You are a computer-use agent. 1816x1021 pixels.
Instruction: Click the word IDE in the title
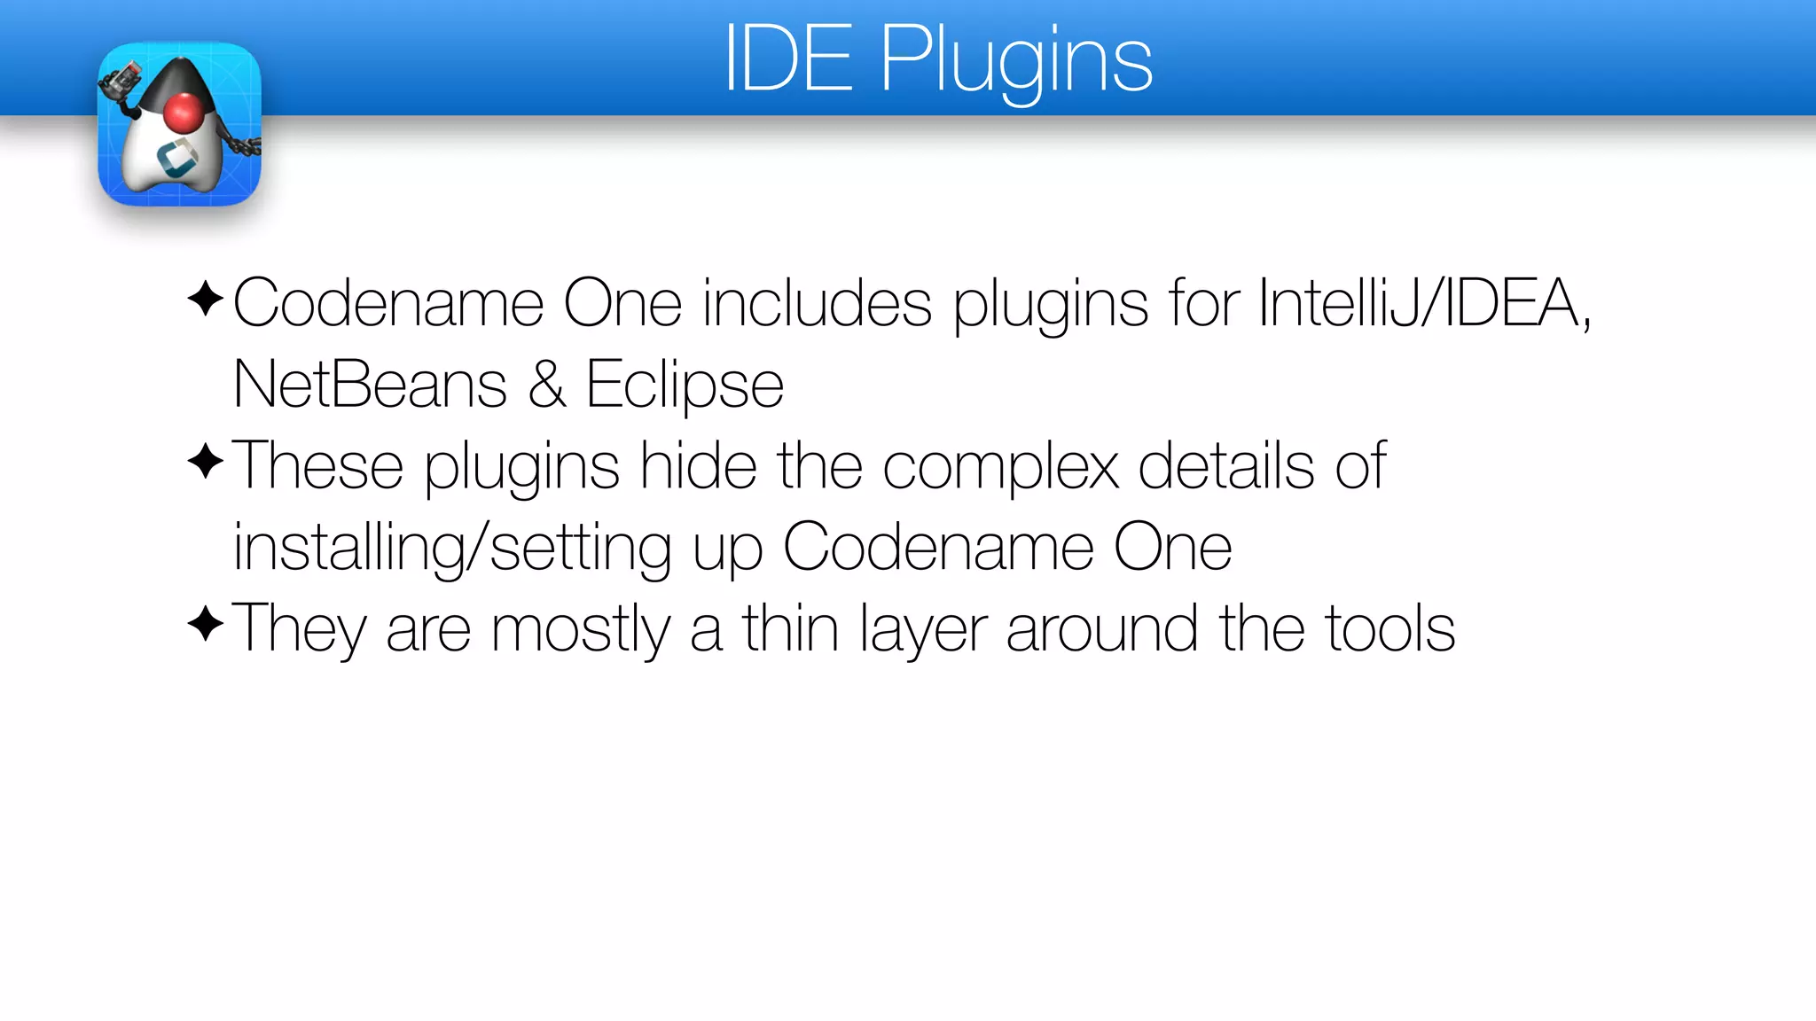click(x=788, y=60)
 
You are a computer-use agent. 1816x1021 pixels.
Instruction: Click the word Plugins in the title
click(x=1016, y=62)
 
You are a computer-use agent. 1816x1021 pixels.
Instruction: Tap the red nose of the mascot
click(x=184, y=113)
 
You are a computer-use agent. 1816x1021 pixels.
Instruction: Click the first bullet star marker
click(x=206, y=299)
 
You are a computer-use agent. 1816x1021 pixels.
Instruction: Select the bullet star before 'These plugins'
click(x=206, y=462)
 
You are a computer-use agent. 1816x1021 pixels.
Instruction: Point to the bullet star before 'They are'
click(x=206, y=624)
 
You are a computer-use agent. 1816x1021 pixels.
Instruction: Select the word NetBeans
click(x=370, y=386)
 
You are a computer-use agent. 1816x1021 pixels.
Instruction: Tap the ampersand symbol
click(x=547, y=386)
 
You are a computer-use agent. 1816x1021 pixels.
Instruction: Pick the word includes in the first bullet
click(x=817, y=304)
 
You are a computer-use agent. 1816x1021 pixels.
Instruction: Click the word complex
click(x=1001, y=467)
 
